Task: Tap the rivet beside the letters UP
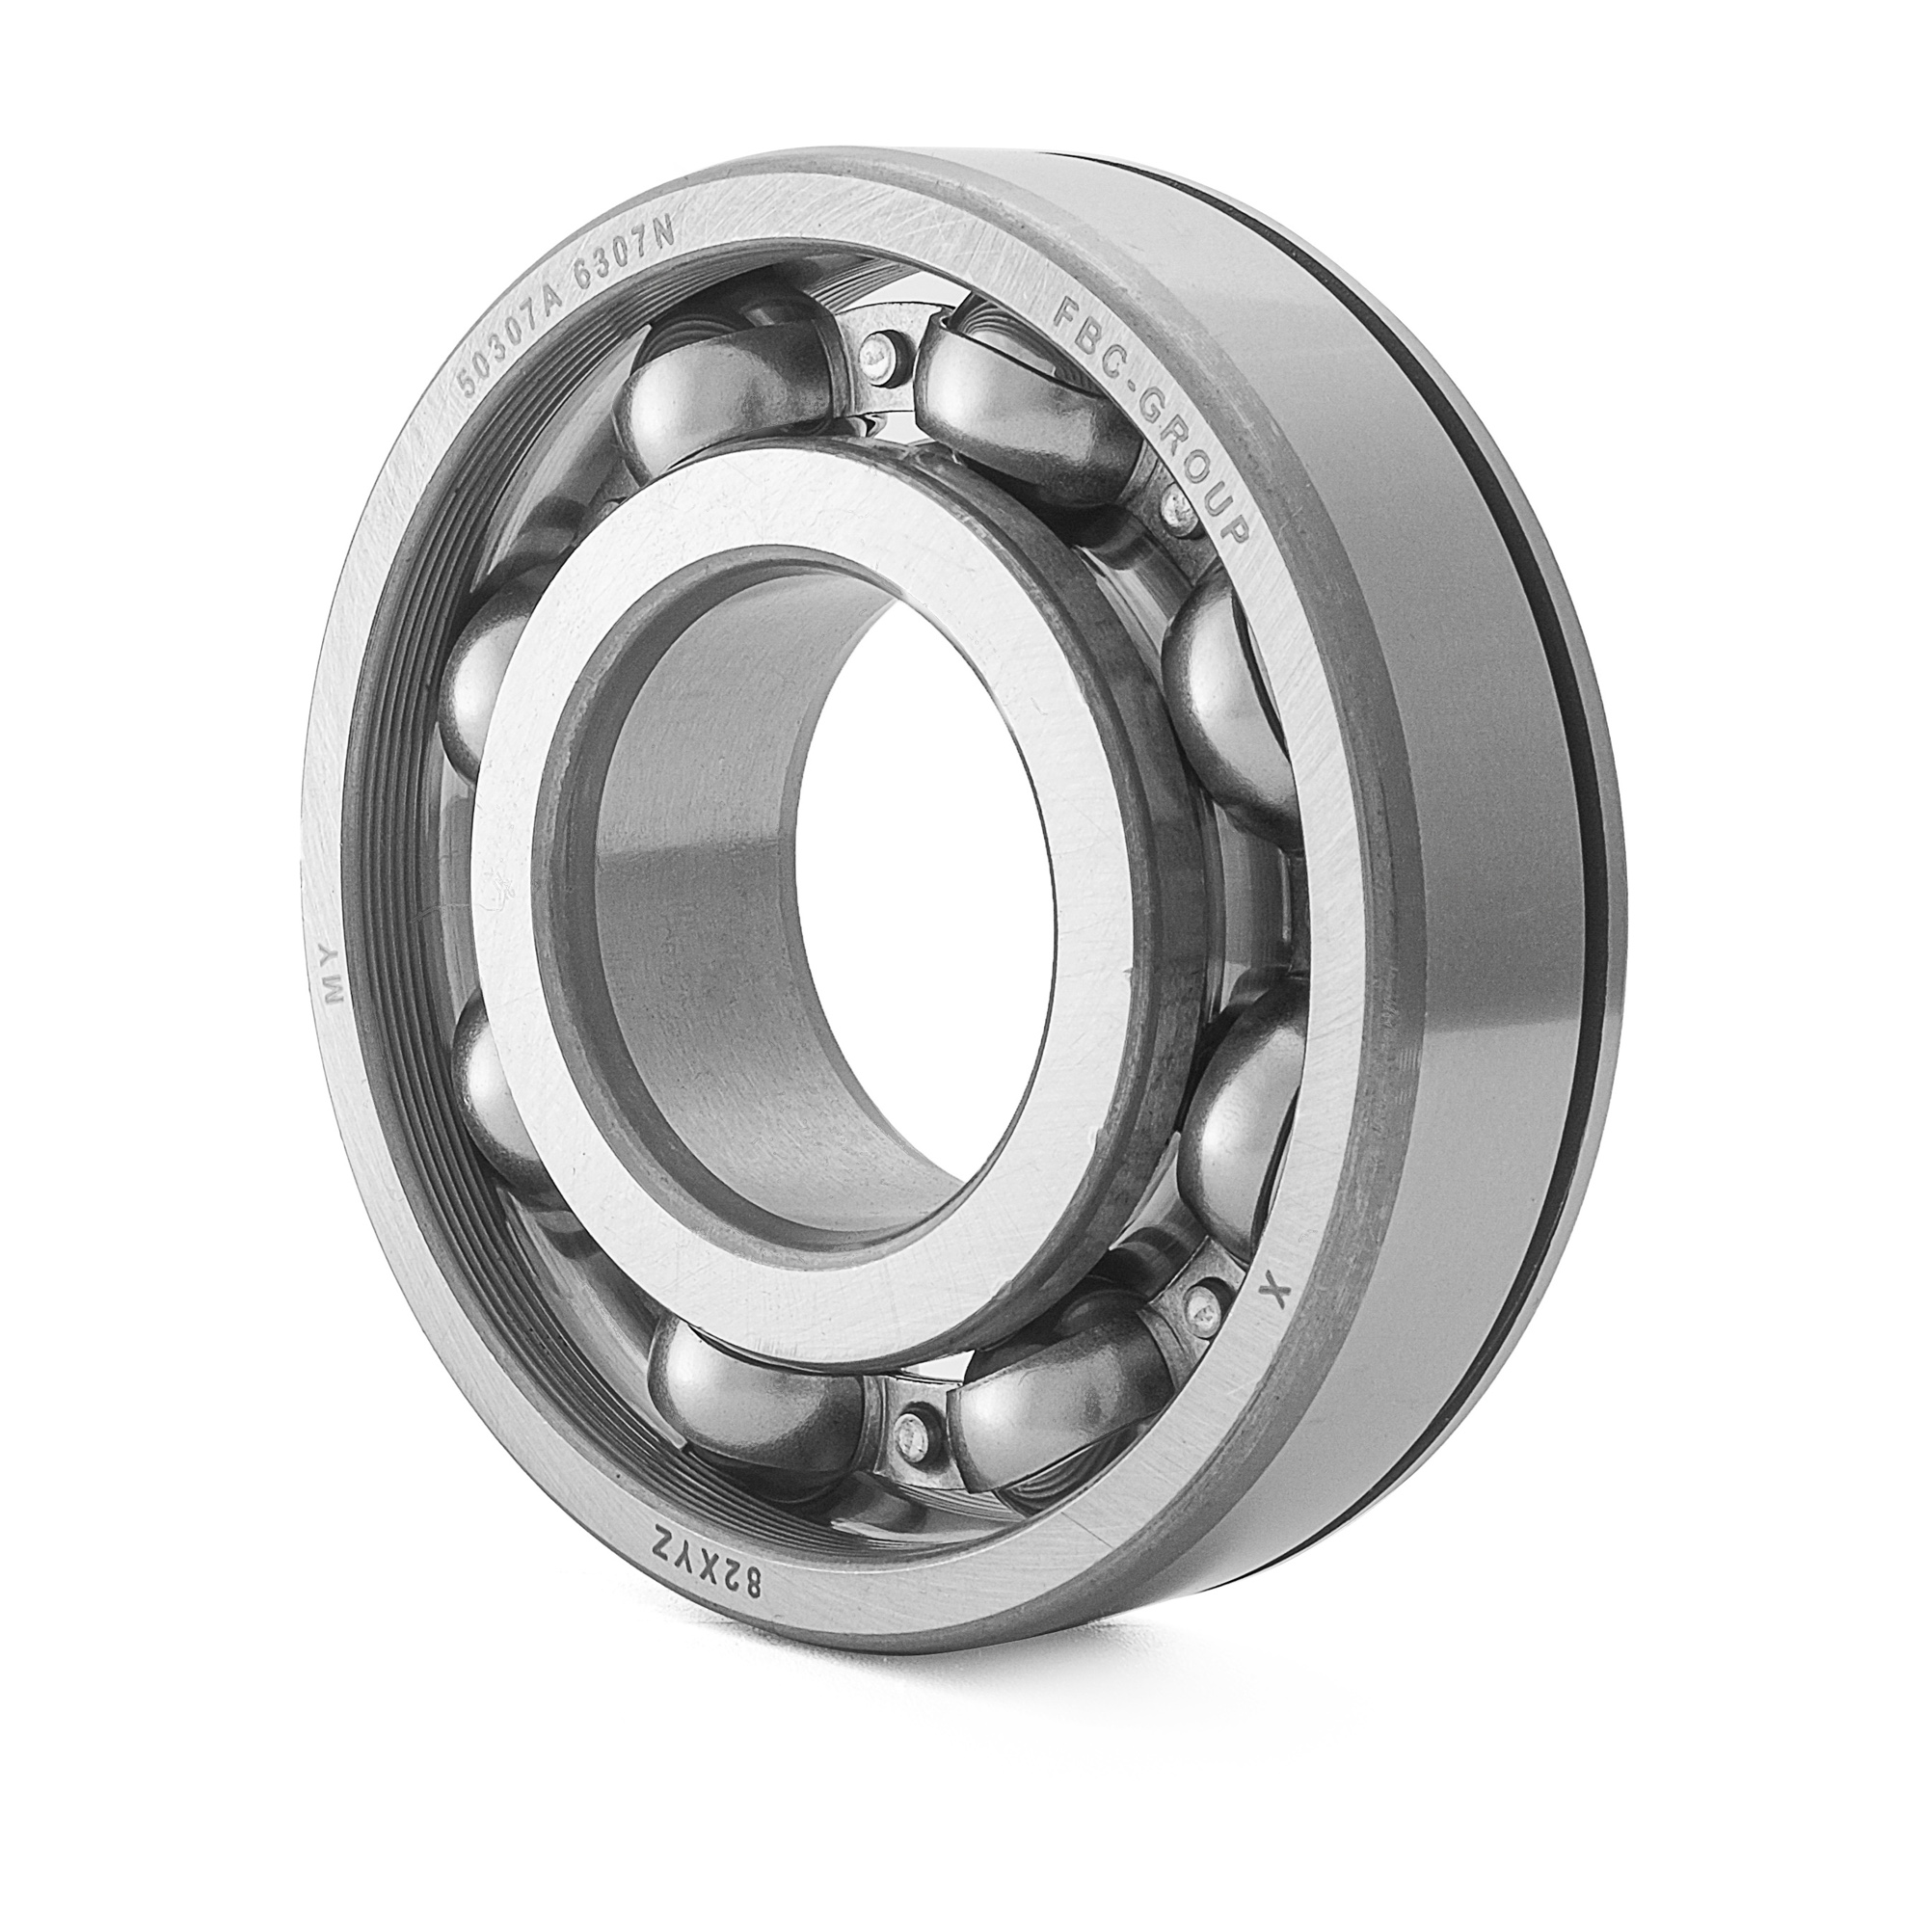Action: pos(1179,522)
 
